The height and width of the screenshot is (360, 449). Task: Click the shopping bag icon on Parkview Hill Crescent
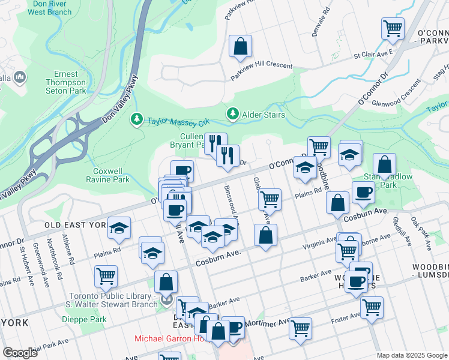tap(240, 46)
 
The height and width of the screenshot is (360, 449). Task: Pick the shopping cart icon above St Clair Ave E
tap(393, 28)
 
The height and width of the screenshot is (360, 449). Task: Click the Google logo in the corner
tap(20, 353)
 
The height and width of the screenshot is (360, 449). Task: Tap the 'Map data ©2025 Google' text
tap(412, 355)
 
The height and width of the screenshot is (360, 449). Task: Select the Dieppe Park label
tap(83, 319)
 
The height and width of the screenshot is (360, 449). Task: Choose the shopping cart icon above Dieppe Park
tap(106, 276)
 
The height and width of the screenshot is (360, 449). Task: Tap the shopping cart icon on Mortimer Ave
tap(300, 328)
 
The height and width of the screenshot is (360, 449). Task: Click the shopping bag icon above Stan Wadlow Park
tap(384, 163)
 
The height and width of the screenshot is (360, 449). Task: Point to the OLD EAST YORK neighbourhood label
tap(75, 226)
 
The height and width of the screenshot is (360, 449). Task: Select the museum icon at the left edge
tap(19, 77)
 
